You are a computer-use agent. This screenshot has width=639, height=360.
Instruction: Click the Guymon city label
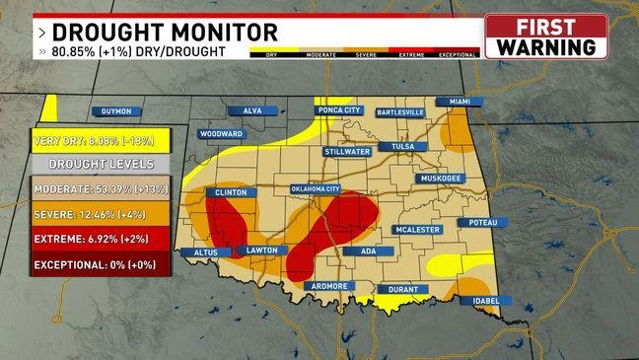tap(116, 111)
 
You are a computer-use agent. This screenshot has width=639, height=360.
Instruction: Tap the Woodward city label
tap(221, 133)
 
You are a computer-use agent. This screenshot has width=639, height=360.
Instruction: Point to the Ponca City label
tap(340, 109)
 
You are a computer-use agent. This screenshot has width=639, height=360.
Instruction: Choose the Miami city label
tap(460, 102)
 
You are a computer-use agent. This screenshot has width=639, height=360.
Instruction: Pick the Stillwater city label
tap(346, 152)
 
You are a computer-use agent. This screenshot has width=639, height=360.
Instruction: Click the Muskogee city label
tap(441, 179)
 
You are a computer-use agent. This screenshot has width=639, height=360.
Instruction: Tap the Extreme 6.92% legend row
tap(100, 239)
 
